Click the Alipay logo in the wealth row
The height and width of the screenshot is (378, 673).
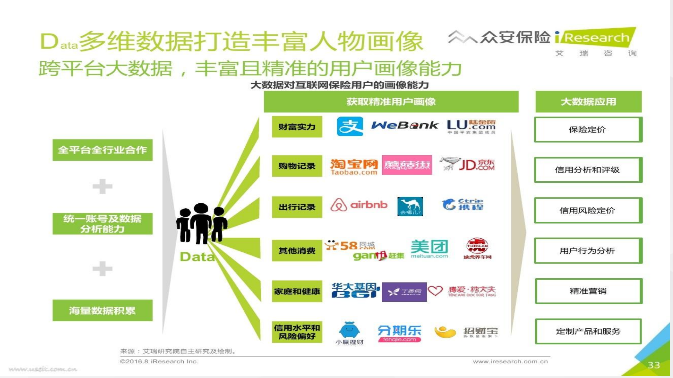pos(349,126)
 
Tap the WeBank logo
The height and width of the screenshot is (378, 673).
pos(405,125)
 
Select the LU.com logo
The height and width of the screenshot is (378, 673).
pos(471,126)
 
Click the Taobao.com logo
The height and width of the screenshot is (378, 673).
pos(354,167)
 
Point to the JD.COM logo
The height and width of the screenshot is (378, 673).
pos(468,164)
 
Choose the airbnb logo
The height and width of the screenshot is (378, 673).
pos(359,205)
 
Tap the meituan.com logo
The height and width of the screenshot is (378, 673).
pos(429,249)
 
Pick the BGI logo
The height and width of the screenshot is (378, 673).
pos(355,290)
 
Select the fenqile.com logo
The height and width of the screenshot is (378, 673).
pos(399,333)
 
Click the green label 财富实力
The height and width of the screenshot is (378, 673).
pos(297,127)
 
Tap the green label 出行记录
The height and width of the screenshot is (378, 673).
pos(297,207)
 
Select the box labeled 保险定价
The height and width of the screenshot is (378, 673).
pos(588,129)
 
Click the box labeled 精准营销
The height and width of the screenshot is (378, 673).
pos(588,291)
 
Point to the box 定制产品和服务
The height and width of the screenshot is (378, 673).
pos(588,331)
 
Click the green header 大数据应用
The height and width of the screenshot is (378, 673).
pos(588,101)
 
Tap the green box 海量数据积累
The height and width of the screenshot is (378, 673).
pos(102,310)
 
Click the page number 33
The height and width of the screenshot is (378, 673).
pos(654,365)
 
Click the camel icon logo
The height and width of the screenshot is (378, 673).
pos(410,206)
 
